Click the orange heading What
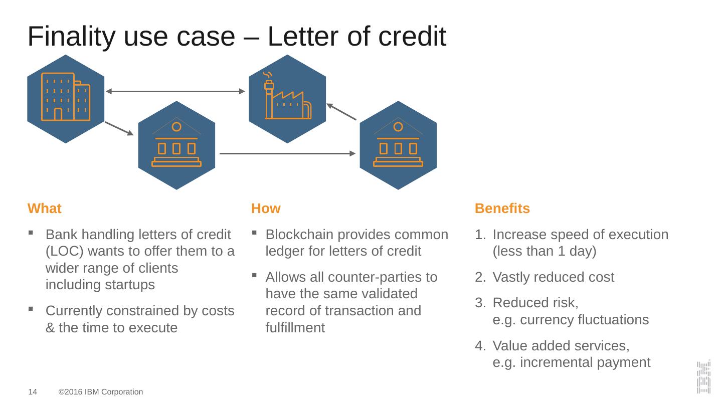click(x=44, y=209)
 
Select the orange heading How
click(x=266, y=209)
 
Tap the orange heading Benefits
click(x=502, y=209)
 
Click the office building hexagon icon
click(x=66, y=99)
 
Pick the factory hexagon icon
click(x=287, y=99)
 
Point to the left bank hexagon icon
click(x=176, y=145)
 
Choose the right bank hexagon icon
click(x=398, y=145)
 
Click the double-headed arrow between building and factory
click(x=175, y=91)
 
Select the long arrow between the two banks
click(x=287, y=153)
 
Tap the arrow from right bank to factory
click(x=341, y=112)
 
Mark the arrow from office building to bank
click(x=119, y=128)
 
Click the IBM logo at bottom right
click(x=703, y=377)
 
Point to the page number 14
click(x=32, y=392)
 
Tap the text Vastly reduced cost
click(x=553, y=277)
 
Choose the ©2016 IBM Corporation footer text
click(x=101, y=392)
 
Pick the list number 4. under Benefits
click(x=480, y=346)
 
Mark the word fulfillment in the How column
click(x=295, y=328)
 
